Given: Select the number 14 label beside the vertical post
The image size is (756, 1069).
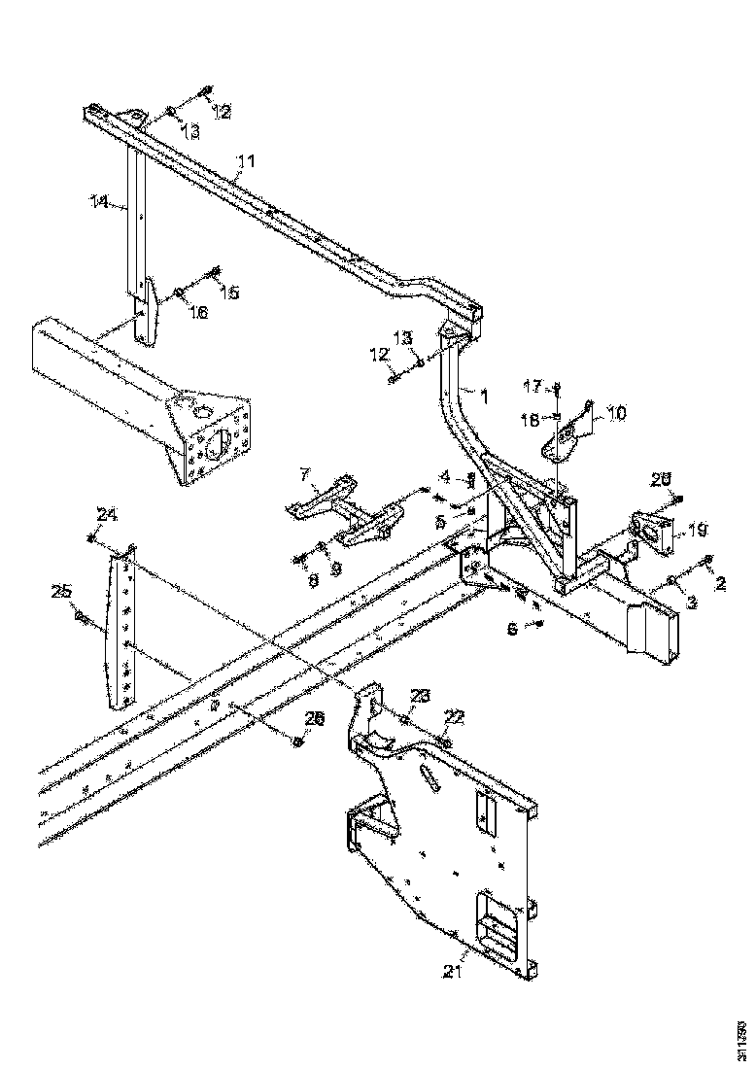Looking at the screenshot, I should coord(98,202).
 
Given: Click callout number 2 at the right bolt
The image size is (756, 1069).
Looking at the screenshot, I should coord(720,584).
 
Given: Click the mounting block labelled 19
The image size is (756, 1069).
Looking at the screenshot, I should coord(649,534).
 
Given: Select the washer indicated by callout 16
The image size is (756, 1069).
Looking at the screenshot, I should coord(179,291).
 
